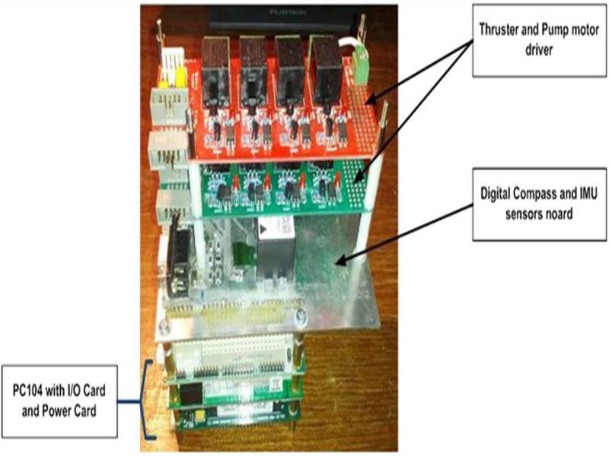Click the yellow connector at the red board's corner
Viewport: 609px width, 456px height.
(x=180, y=76)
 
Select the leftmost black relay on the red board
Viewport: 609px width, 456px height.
(x=216, y=62)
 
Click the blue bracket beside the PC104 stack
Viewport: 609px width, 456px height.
(x=145, y=398)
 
